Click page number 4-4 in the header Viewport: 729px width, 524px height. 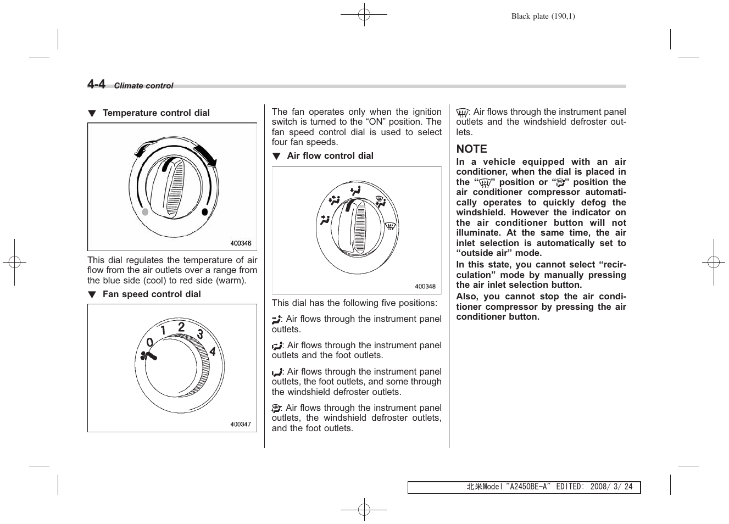click(96, 84)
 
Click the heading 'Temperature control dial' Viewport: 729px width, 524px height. click(156, 113)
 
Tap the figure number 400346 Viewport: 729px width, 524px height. click(241, 243)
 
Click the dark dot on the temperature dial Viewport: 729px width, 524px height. click(205, 212)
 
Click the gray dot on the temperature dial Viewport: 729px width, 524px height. click(145, 212)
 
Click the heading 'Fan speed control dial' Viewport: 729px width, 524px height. click(152, 294)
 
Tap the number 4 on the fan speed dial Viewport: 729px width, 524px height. click(213, 352)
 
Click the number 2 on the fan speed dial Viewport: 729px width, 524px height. click(181, 327)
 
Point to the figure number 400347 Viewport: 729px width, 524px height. click(241, 424)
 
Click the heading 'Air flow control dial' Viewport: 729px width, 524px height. click(330, 156)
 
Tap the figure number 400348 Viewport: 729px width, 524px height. click(425, 286)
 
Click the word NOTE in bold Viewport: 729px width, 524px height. click(471, 149)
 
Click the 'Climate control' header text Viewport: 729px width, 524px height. click(143, 86)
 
